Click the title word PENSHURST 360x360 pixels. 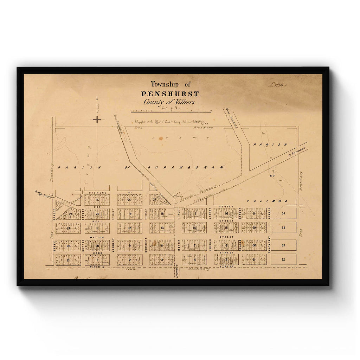coord(171,94)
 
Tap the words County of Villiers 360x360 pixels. coord(169,102)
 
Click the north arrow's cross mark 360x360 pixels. coord(97,120)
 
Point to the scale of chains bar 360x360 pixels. coord(171,111)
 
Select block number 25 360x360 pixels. coord(97,200)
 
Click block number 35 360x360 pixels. coord(283,213)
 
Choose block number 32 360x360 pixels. coord(283,259)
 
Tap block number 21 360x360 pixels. coord(68,260)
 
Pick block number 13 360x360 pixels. coord(162,228)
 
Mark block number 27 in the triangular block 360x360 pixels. coord(154,199)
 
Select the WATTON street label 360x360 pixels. coord(96,238)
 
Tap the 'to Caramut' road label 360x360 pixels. coord(295,153)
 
